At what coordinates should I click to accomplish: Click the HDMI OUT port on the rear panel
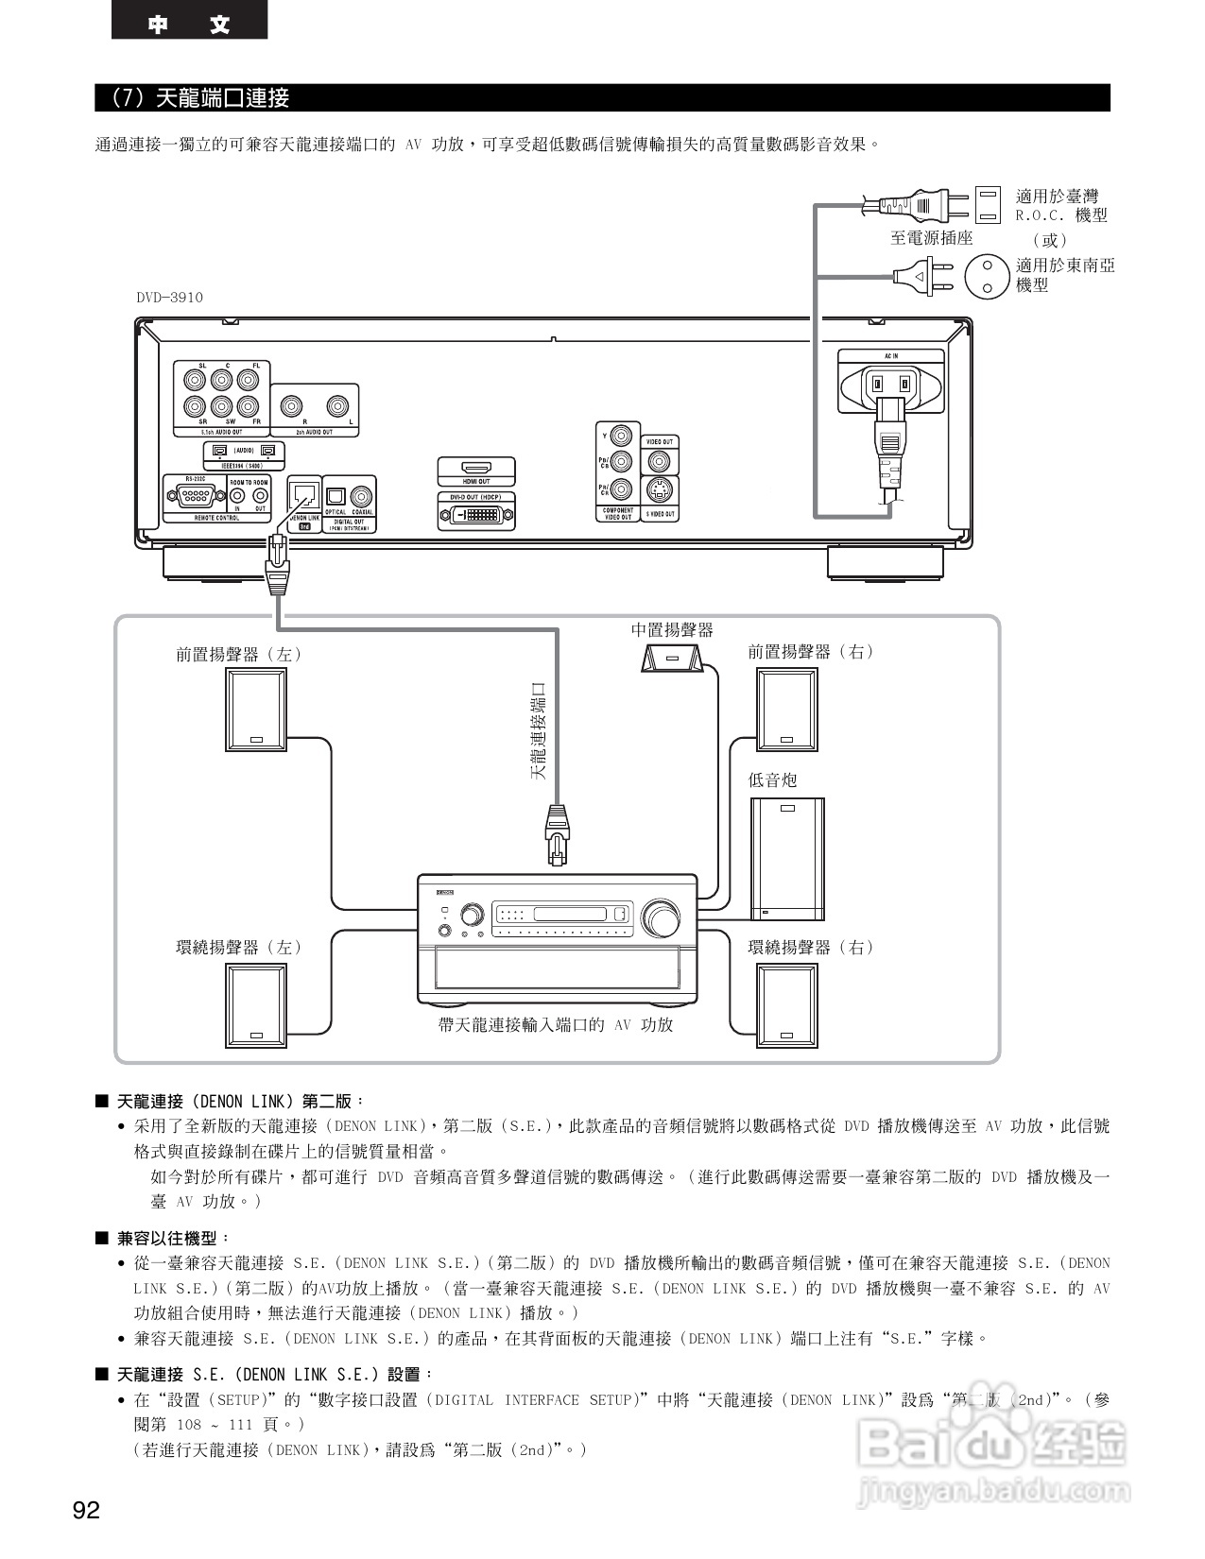click(476, 468)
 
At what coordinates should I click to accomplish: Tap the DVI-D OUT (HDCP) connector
click(476, 515)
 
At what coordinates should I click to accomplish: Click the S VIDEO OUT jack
click(660, 491)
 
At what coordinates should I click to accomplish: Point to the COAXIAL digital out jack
click(362, 496)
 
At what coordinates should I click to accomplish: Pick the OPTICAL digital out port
click(336, 496)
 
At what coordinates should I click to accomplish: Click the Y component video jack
click(620, 436)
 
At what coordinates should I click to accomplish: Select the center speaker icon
click(671, 658)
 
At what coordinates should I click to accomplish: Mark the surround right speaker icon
click(787, 1004)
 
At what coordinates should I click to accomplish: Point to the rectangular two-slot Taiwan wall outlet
click(987, 202)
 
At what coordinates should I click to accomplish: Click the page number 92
click(86, 1511)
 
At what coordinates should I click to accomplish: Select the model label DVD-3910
click(169, 298)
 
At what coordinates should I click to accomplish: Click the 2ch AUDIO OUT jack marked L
click(338, 406)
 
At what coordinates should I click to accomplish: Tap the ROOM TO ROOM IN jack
click(238, 495)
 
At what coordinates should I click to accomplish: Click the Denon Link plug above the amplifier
click(557, 831)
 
